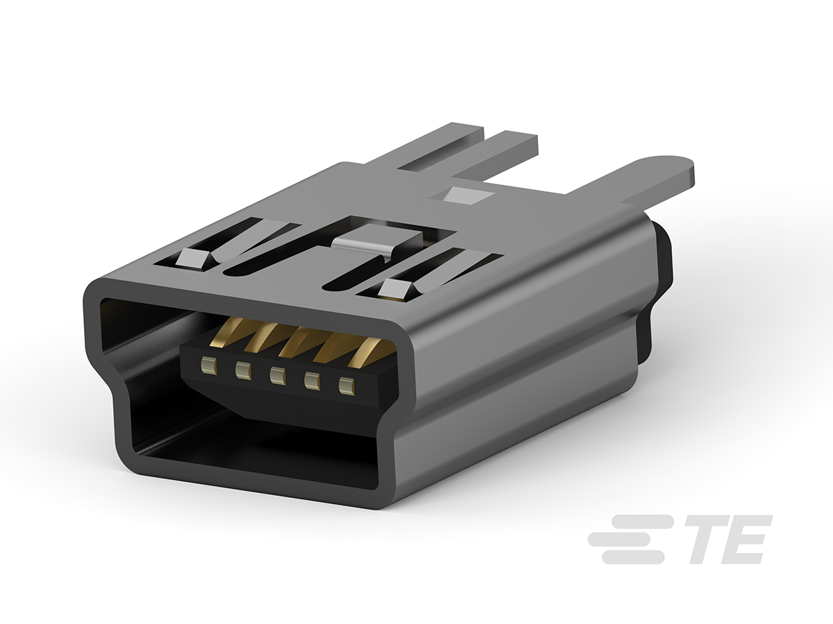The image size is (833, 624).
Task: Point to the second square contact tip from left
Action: click(x=242, y=370)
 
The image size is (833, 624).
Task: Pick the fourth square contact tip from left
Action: click(x=312, y=381)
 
